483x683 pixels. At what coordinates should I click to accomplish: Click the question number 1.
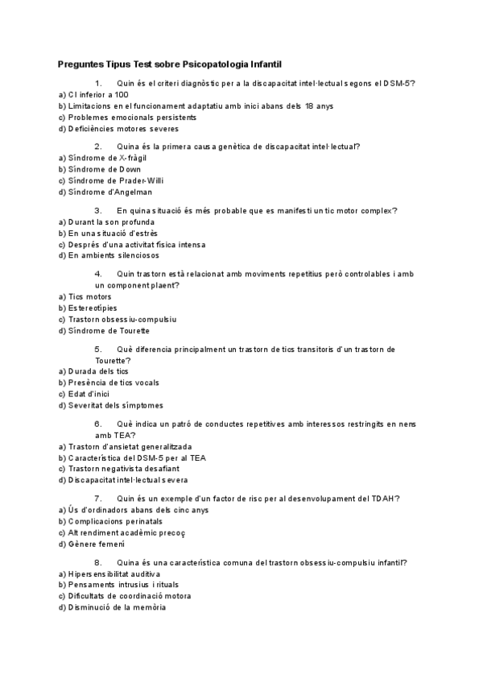(x=98, y=83)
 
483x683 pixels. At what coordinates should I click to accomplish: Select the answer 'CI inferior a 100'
(x=88, y=94)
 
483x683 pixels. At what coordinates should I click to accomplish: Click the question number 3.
(x=98, y=210)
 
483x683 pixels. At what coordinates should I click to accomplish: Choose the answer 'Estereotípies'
(x=87, y=308)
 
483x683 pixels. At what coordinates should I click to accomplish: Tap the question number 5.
(x=98, y=349)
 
